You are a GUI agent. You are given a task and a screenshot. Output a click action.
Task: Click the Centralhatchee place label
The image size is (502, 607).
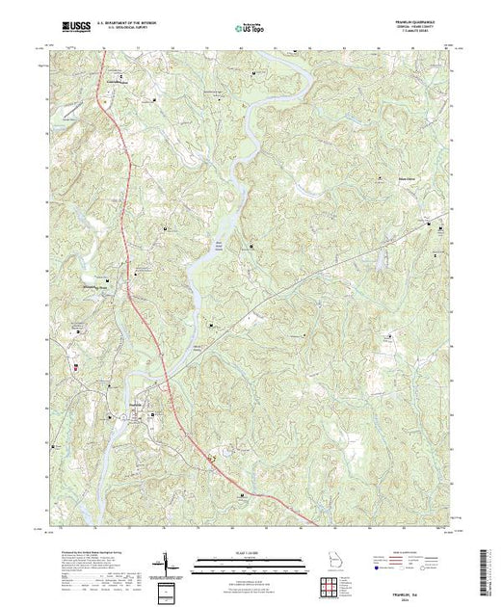(x=117, y=83)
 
